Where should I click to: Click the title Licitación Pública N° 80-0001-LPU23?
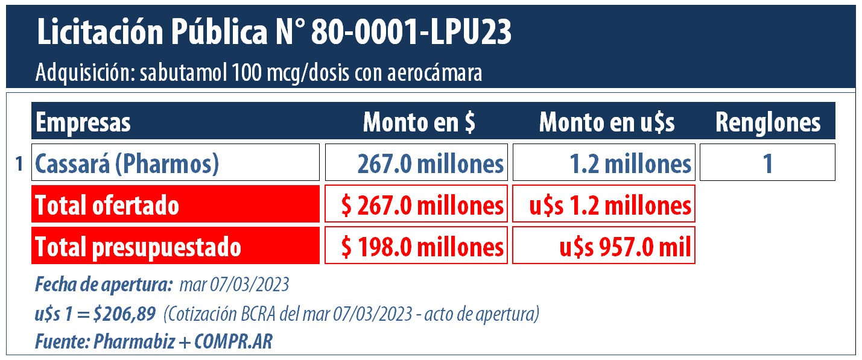coord(274,33)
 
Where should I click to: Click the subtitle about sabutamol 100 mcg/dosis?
coord(259,74)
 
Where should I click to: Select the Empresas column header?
coord(83,122)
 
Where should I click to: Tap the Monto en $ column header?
coord(419,122)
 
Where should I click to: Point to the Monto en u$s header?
coord(606,122)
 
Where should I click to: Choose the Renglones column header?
coord(768,122)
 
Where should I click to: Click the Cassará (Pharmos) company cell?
coord(175,163)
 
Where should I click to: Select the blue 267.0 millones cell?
coord(416,163)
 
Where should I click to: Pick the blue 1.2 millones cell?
coord(604,163)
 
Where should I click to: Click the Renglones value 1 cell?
coord(767,163)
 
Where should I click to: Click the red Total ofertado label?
coord(175,205)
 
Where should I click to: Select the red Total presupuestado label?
coord(175,246)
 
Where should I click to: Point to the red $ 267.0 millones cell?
coord(416,205)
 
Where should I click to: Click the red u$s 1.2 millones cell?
coord(604,205)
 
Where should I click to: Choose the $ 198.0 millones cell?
coord(416,246)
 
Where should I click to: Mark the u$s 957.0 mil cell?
coord(604,246)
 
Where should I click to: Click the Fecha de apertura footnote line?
coord(162,283)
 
